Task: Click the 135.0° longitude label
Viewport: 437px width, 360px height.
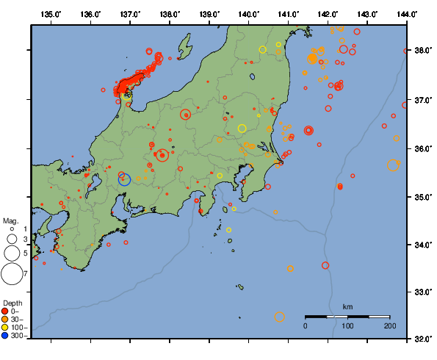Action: point(51,14)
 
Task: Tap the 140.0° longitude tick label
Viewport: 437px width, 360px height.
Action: point(249,14)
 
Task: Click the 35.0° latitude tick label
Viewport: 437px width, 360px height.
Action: point(422,197)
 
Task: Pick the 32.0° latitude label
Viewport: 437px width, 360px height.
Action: point(422,339)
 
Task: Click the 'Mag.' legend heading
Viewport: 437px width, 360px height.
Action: point(10,220)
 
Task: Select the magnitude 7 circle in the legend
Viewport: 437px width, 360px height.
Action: point(12,274)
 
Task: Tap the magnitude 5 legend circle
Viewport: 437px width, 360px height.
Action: point(12,253)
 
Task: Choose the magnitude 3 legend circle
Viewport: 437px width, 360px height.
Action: point(12,239)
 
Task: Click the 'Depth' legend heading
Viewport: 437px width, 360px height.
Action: point(12,303)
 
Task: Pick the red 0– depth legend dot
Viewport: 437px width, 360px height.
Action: point(6,312)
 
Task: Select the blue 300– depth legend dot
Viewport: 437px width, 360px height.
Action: point(6,336)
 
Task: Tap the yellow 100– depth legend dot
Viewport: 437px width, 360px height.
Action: point(6,328)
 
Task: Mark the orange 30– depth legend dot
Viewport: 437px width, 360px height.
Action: point(6,320)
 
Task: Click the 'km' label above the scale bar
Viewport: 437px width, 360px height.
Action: point(347,306)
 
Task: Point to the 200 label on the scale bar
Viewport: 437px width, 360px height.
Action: point(389,325)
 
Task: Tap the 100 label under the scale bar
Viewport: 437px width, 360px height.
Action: point(347,325)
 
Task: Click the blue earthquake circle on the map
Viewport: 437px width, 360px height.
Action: point(124,179)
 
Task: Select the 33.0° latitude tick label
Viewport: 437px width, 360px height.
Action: point(422,292)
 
